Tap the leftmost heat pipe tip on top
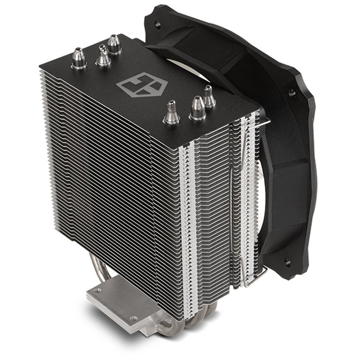coord(79,59)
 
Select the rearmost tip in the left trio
coord(114,44)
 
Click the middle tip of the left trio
coord(103,55)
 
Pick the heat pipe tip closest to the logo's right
coord(171,112)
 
